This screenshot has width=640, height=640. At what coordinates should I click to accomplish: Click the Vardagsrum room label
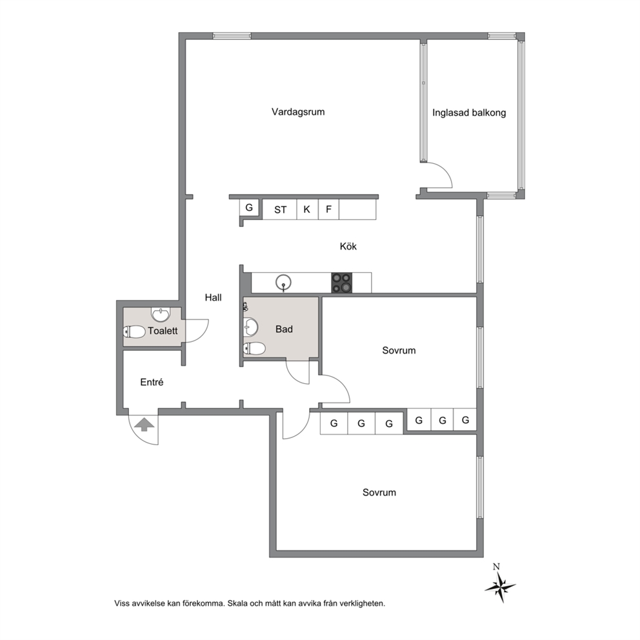[298, 112]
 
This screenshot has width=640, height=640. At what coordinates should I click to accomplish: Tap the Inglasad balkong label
[469, 113]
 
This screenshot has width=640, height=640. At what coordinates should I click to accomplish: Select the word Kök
[348, 246]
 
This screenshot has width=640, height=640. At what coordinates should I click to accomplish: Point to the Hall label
[213, 297]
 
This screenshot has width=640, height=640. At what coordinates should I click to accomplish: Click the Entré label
[152, 382]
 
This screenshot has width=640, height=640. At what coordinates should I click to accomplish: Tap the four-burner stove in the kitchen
[341, 283]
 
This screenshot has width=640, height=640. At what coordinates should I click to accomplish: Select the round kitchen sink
[283, 283]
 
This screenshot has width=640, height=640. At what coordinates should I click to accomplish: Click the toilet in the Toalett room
[134, 332]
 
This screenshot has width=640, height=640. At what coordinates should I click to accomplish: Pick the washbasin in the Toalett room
[161, 314]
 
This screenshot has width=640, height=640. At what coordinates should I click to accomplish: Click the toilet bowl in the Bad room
[254, 348]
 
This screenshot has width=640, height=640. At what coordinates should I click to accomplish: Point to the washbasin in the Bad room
[250, 326]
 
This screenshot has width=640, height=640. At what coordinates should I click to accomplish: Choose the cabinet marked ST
[279, 210]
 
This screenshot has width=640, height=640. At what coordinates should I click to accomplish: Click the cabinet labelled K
[307, 210]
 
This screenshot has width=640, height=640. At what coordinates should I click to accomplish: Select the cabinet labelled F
[328, 210]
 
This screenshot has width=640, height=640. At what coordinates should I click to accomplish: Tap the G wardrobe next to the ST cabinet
[249, 207]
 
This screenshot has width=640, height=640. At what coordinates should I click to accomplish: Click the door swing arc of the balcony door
[446, 170]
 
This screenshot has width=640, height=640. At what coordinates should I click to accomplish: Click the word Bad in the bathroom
[284, 329]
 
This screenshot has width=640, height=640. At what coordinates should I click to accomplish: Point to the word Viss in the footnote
[122, 603]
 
